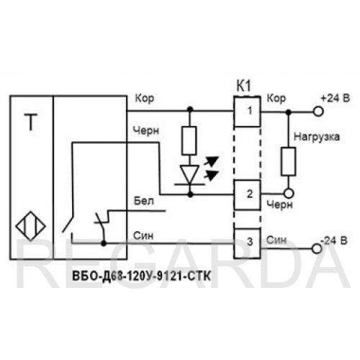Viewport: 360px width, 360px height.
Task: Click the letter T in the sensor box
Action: (x=31, y=122)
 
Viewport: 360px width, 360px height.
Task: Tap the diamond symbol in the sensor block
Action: (x=31, y=225)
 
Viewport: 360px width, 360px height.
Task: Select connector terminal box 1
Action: (x=247, y=111)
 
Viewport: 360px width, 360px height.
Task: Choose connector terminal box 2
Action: (x=247, y=195)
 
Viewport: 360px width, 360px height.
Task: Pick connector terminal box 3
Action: (x=247, y=243)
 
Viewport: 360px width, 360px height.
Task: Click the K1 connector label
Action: (x=244, y=86)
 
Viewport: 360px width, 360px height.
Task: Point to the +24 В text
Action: (x=335, y=98)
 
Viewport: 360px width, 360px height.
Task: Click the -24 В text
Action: (x=334, y=240)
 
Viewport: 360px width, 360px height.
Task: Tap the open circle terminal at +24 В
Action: (x=318, y=112)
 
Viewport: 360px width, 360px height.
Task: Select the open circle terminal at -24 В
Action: (x=317, y=248)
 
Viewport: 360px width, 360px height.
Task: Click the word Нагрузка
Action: (x=317, y=137)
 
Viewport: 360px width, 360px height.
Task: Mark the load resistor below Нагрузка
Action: (x=289, y=161)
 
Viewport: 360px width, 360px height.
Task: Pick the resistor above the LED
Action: (x=189, y=140)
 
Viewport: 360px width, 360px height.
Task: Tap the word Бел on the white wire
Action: (x=144, y=201)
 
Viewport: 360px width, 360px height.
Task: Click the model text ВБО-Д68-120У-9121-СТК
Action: (x=141, y=276)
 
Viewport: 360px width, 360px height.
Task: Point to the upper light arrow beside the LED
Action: (x=211, y=161)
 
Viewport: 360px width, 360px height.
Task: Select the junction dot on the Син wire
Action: (x=104, y=243)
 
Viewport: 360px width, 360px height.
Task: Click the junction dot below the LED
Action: (x=190, y=194)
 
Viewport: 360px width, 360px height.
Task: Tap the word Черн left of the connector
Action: (x=146, y=130)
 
